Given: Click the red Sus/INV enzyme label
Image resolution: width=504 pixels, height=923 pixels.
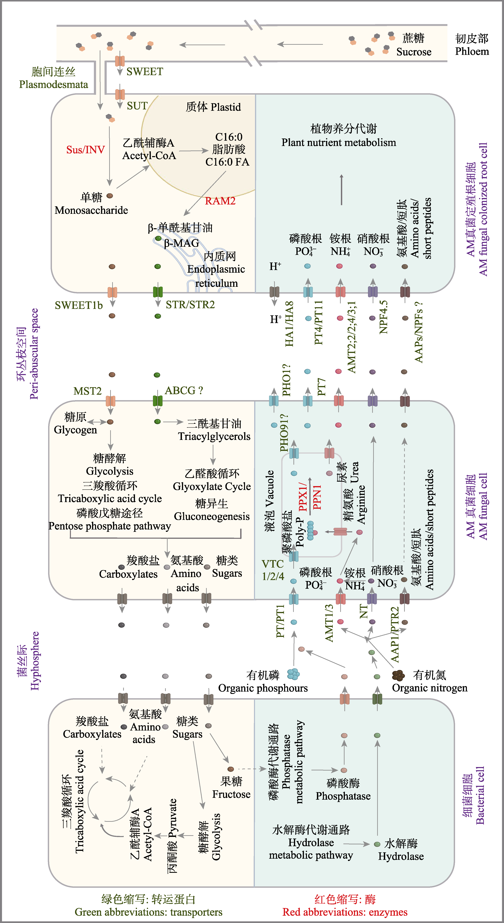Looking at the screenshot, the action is coord(85,150).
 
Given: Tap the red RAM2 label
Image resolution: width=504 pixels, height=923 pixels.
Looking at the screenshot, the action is coord(220,201).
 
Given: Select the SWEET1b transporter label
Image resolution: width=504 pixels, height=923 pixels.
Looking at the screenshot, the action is coord(79,305).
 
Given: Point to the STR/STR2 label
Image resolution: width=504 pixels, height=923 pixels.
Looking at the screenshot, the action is coord(190,305).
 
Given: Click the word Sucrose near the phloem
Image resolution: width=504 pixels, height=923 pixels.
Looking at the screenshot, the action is coord(414,52).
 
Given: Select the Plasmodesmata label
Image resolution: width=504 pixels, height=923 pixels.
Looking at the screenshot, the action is coord(53,85).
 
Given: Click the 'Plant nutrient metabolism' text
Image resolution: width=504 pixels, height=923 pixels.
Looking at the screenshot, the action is coord(339,143).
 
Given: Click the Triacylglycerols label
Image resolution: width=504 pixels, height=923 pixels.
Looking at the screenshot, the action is coord(214,436).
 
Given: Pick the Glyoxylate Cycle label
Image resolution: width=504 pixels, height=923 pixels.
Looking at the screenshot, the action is coord(212,487).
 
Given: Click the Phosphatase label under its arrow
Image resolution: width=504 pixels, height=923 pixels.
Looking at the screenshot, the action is coord(343,796).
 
